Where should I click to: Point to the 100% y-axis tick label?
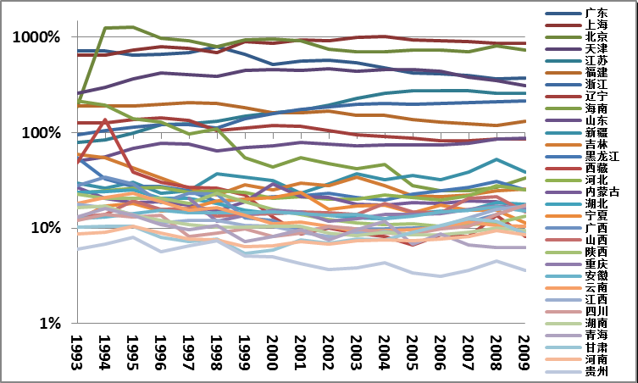click(41, 133)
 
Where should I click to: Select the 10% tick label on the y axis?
click(44, 228)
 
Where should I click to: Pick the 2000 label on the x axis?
click(271, 350)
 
